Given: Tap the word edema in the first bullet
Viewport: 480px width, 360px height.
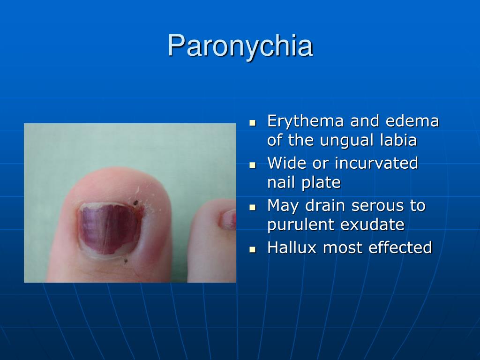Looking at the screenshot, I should click(412, 121).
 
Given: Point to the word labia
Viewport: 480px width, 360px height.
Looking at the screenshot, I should click(397, 140).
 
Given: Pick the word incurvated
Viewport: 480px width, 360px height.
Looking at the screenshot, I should click(376, 163).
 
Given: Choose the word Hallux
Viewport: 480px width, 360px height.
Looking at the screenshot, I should click(292, 247).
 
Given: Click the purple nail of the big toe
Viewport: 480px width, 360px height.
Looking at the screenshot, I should click(107, 227).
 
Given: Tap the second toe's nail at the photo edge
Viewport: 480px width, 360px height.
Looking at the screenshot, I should click(230, 219).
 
